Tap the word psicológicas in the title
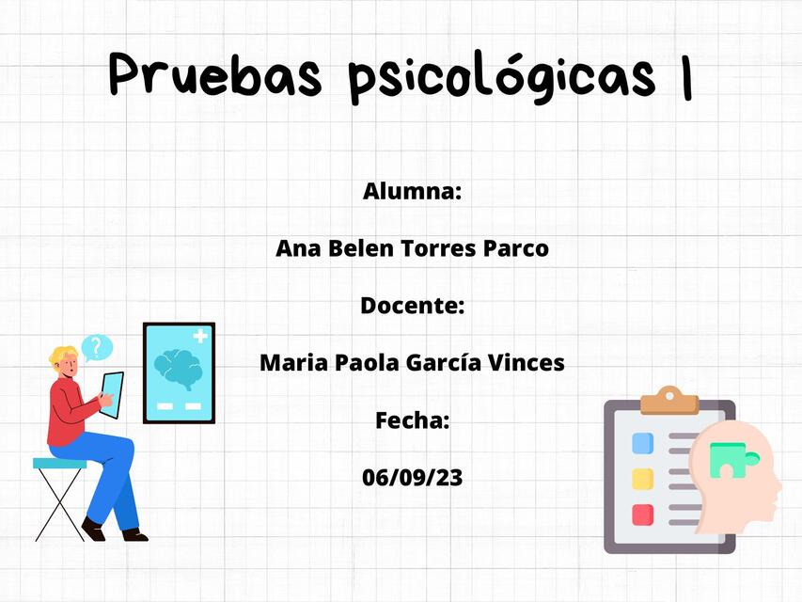[500, 76]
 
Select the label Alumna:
[412, 192]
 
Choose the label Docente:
[412, 306]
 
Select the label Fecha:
[412, 420]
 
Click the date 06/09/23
[412, 477]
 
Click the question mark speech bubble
[96, 348]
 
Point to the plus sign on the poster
[200, 336]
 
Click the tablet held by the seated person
[111, 393]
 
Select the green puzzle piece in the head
[727, 460]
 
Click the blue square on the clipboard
[643, 443]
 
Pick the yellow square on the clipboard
[643, 479]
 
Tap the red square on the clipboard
[643, 515]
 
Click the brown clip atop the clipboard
[668, 400]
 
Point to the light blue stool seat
[59, 463]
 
